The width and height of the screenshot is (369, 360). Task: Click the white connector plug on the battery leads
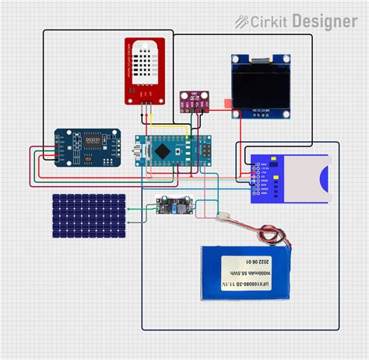coord(223,221)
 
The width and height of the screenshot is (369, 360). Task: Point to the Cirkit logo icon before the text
coord(243,21)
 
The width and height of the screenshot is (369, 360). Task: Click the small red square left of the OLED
coord(227,102)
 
